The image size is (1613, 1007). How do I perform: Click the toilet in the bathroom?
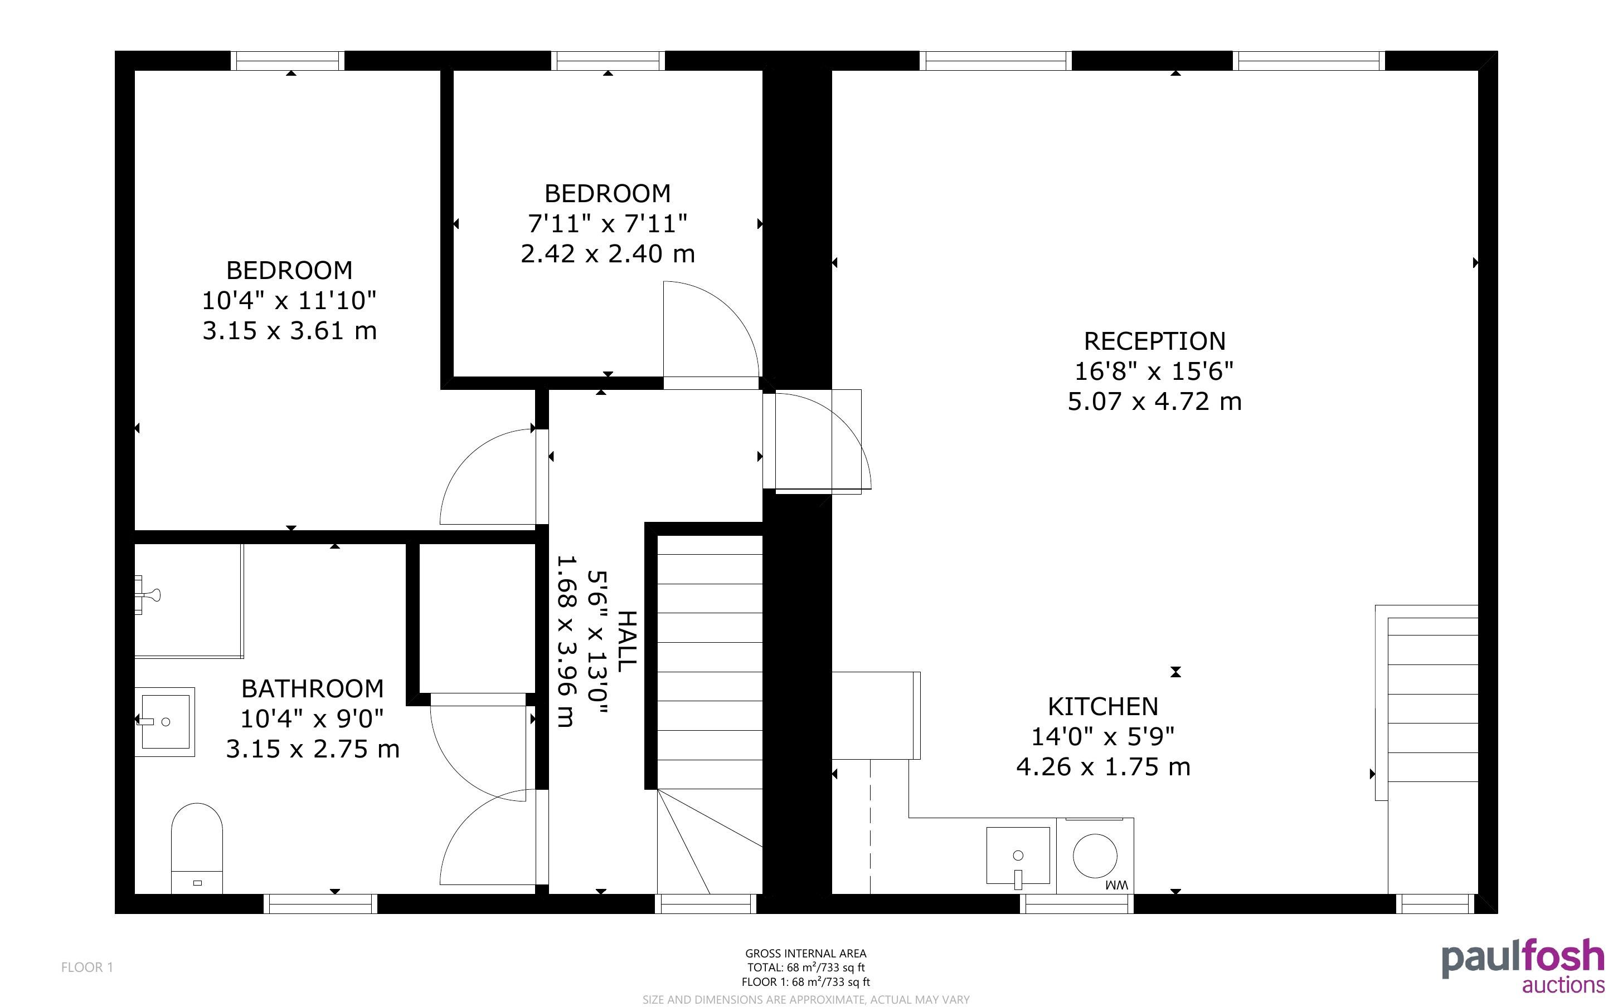pyautogui.click(x=197, y=848)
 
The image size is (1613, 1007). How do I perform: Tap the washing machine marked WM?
pyautogui.click(x=1095, y=856)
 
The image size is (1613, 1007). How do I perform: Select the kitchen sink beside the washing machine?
pyautogui.click(x=1018, y=856)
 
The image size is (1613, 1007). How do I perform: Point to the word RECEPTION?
pyautogui.click(x=1155, y=341)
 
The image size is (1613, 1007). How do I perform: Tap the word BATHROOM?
pyautogui.click(x=313, y=688)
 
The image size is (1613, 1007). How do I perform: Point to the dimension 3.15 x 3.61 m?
pyautogui.click(x=289, y=330)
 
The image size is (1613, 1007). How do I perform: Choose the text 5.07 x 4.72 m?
pyautogui.click(x=1155, y=402)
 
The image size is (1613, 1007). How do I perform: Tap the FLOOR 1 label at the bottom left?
pyautogui.click(x=88, y=967)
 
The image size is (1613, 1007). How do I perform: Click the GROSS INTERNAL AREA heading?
pyautogui.click(x=805, y=954)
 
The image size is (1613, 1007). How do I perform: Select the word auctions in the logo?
pyautogui.click(x=1563, y=985)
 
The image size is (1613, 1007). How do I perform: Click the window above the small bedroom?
pyautogui.click(x=608, y=61)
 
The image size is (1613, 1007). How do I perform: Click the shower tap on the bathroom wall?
pyautogui.click(x=147, y=595)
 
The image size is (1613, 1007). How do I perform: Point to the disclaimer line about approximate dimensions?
pyautogui.click(x=805, y=999)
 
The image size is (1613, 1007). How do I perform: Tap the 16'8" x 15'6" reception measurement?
pyautogui.click(x=1155, y=371)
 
